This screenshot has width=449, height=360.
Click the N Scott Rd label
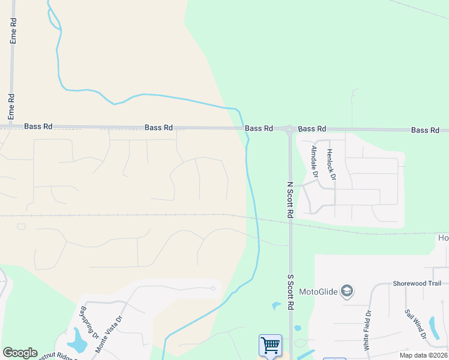click(x=290, y=200)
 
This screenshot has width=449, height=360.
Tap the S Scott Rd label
click(x=290, y=292)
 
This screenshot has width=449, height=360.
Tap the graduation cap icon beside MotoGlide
click(x=346, y=292)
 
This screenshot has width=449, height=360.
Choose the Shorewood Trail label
click(x=417, y=283)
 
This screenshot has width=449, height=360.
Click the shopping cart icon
click(x=270, y=346)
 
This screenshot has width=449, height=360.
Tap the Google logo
click(x=20, y=353)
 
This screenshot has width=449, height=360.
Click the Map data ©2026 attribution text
click(x=423, y=355)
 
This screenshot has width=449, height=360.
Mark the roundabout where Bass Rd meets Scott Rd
click(x=290, y=128)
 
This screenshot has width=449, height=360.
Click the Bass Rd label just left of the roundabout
click(x=259, y=128)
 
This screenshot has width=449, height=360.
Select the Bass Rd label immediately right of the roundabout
click(x=312, y=129)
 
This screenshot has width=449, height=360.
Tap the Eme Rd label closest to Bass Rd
click(x=11, y=107)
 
